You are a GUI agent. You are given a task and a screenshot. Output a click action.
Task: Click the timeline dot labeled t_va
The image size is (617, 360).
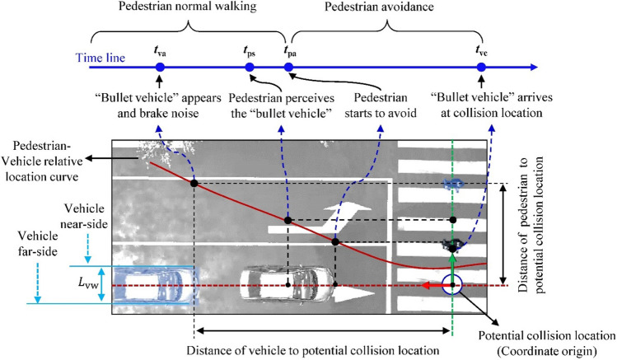click(x=160, y=66)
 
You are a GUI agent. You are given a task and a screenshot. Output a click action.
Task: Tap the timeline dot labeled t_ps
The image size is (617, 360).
click(x=250, y=66)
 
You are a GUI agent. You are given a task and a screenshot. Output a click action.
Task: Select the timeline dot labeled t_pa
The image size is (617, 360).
click(x=287, y=66)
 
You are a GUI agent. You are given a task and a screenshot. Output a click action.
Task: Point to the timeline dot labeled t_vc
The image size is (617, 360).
click(x=482, y=66)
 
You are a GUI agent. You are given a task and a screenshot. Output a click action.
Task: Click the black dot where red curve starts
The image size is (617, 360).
click(x=194, y=182)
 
